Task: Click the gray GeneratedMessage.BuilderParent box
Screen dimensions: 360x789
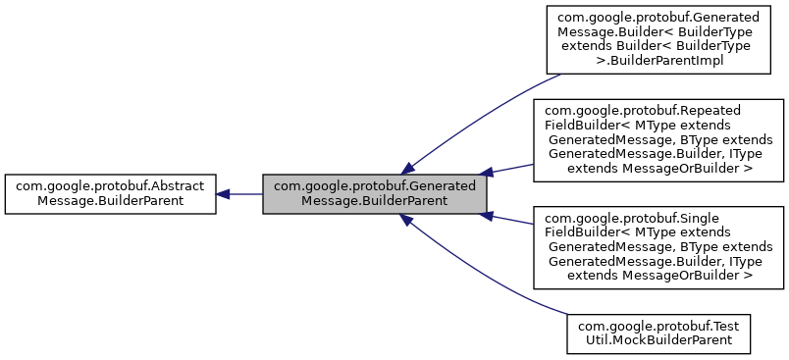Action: [375, 193]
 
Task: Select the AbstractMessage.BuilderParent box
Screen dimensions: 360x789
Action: [110, 193]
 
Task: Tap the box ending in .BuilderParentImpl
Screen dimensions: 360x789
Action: [657, 39]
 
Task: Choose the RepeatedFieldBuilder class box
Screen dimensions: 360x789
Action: [657, 140]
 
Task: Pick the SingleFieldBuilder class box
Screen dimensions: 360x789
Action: [657, 247]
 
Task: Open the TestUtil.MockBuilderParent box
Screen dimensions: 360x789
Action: [657, 333]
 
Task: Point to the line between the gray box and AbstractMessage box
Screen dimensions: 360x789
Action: [245, 193]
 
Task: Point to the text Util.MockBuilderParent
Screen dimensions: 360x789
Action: [657, 340]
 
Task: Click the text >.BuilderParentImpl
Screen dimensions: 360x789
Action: [657, 61]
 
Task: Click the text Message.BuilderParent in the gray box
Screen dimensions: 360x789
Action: [375, 200]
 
